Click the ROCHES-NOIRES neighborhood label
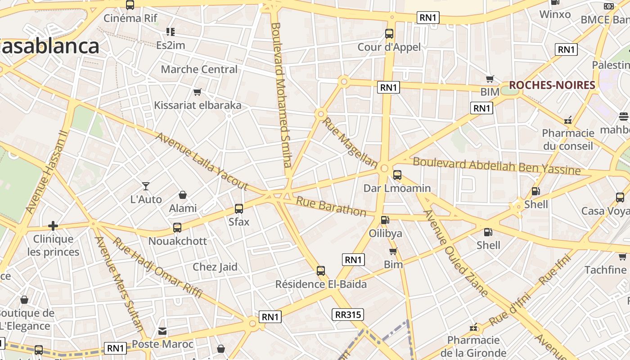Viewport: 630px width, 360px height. point(552,85)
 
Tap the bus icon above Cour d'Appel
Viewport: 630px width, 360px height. point(389,34)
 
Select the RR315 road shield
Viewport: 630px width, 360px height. point(348,315)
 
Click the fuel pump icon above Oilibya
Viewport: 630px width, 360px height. point(385,220)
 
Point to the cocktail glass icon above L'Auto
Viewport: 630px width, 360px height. point(146,186)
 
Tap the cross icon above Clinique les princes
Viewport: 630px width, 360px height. point(53,225)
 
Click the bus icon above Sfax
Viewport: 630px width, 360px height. point(239,209)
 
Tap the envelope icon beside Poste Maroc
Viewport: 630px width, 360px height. point(162,332)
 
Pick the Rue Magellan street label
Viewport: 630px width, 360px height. point(350,143)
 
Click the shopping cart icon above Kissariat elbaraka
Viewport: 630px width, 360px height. point(197,92)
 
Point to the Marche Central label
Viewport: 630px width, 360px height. point(199,69)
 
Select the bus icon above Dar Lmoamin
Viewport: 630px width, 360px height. point(397,175)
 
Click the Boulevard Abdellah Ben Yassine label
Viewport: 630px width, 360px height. point(496,166)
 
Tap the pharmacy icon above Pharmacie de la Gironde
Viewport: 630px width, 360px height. point(473,327)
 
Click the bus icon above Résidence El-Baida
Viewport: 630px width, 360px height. point(321,271)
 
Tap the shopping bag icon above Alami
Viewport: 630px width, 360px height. point(183,195)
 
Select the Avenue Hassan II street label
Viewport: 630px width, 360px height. point(46,172)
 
